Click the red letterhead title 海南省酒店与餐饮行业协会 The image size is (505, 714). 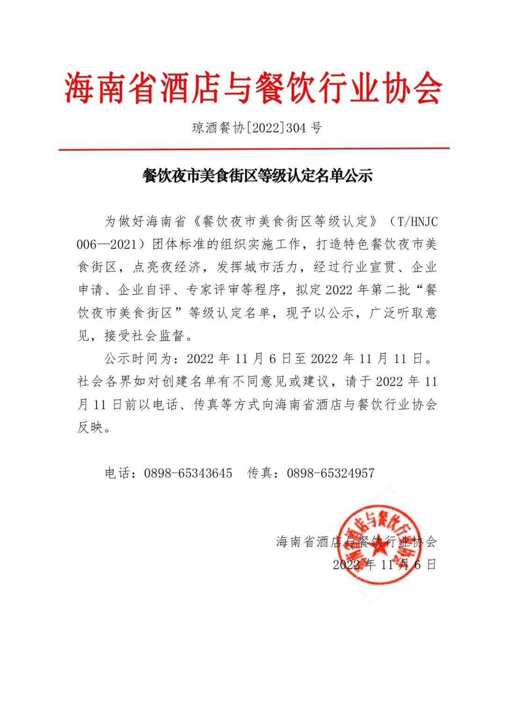[253, 88]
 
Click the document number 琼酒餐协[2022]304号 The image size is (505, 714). [257, 128]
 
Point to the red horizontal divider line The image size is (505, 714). [253, 149]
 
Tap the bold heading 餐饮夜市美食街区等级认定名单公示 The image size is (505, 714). [257, 176]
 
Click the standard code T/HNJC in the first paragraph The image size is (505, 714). [418, 221]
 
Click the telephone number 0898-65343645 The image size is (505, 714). [188, 473]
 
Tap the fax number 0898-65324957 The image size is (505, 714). [331, 473]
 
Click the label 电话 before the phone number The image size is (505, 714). [117, 473]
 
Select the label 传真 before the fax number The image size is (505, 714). [260, 473]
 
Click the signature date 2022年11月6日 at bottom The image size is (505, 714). [384, 564]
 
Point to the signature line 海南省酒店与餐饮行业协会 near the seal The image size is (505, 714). [356, 542]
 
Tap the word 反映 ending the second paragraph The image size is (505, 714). [90, 427]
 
